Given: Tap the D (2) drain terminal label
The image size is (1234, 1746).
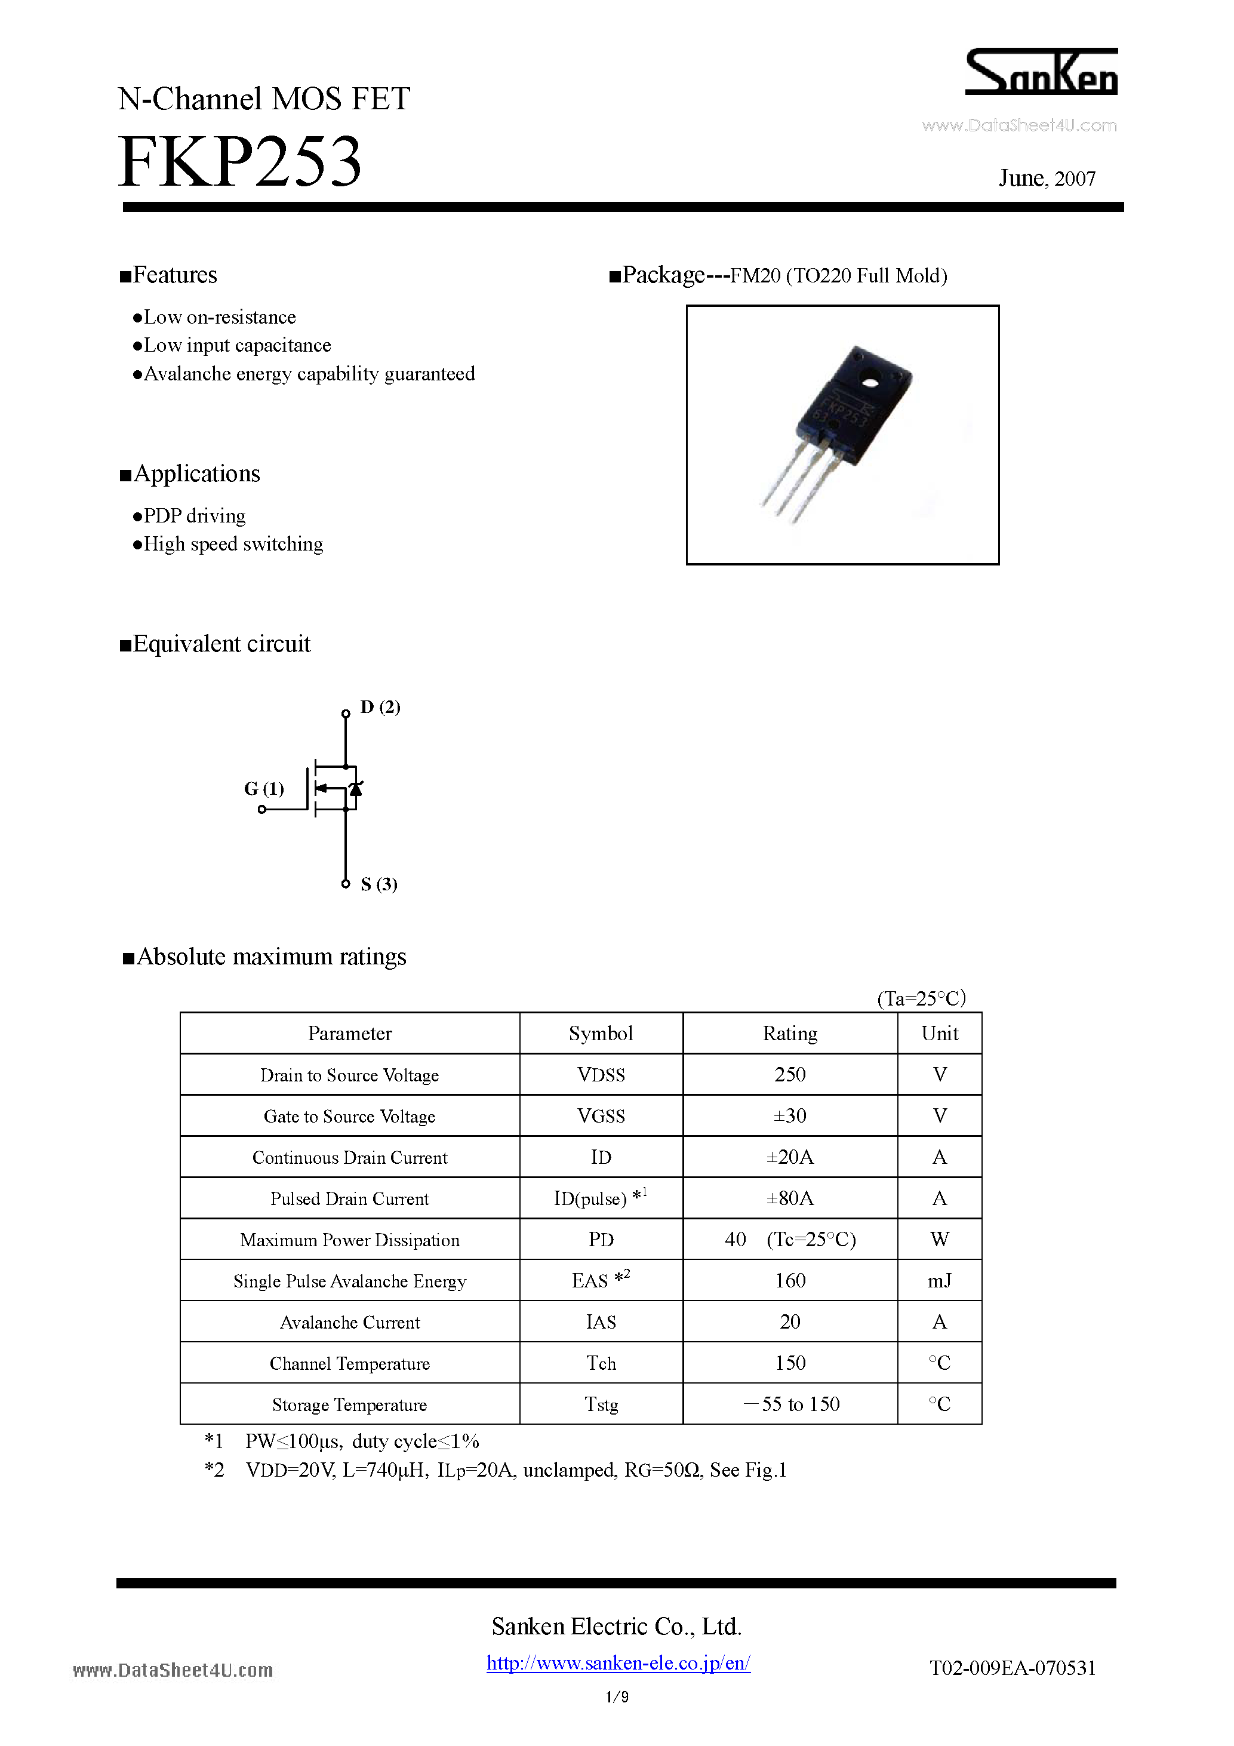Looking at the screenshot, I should click(380, 707).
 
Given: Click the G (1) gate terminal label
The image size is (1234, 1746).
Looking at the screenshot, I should click(263, 789).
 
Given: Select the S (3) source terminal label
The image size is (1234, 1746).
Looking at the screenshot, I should click(378, 884).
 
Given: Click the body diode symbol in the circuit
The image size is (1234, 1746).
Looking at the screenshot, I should click(355, 789).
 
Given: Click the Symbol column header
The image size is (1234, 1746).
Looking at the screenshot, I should click(601, 1034).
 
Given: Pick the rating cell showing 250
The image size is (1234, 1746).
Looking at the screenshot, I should click(789, 1074).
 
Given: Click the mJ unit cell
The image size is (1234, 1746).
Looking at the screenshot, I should click(939, 1281).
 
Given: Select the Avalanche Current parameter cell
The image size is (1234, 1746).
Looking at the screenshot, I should click(349, 1323).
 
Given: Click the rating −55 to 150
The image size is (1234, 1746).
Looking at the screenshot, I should click(791, 1404).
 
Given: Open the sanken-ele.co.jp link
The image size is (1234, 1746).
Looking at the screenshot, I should click(618, 1663).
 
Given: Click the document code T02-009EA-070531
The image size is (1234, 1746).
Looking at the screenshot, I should click(1012, 1668).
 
